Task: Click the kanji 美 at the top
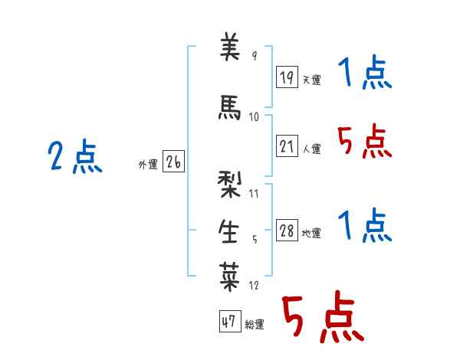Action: pyautogui.click(x=230, y=47)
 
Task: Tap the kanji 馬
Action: pyautogui.click(x=229, y=107)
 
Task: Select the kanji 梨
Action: pyautogui.click(x=229, y=185)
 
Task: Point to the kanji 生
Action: pyautogui.click(x=228, y=231)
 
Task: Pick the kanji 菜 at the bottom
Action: pyautogui.click(x=229, y=277)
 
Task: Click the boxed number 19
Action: pyautogui.click(x=287, y=77)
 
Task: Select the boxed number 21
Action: pyautogui.click(x=287, y=146)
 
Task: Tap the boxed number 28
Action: pyautogui.click(x=287, y=230)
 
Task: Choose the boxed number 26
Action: pyautogui.click(x=173, y=161)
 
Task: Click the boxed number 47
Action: pyautogui.click(x=230, y=321)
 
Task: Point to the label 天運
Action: pyautogui.click(x=312, y=80)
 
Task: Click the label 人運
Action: pyautogui.click(x=312, y=149)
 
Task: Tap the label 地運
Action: pyautogui.click(x=311, y=233)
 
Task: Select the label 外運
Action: pyautogui.click(x=148, y=165)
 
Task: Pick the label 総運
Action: pyautogui.click(x=255, y=324)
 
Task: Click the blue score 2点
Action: pyautogui.click(x=75, y=156)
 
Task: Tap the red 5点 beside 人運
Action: pyautogui.click(x=364, y=141)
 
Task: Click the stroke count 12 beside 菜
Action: pyautogui.click(x=254, y=285)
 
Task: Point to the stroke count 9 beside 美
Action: pyautogui.click(x=255, y=55)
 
